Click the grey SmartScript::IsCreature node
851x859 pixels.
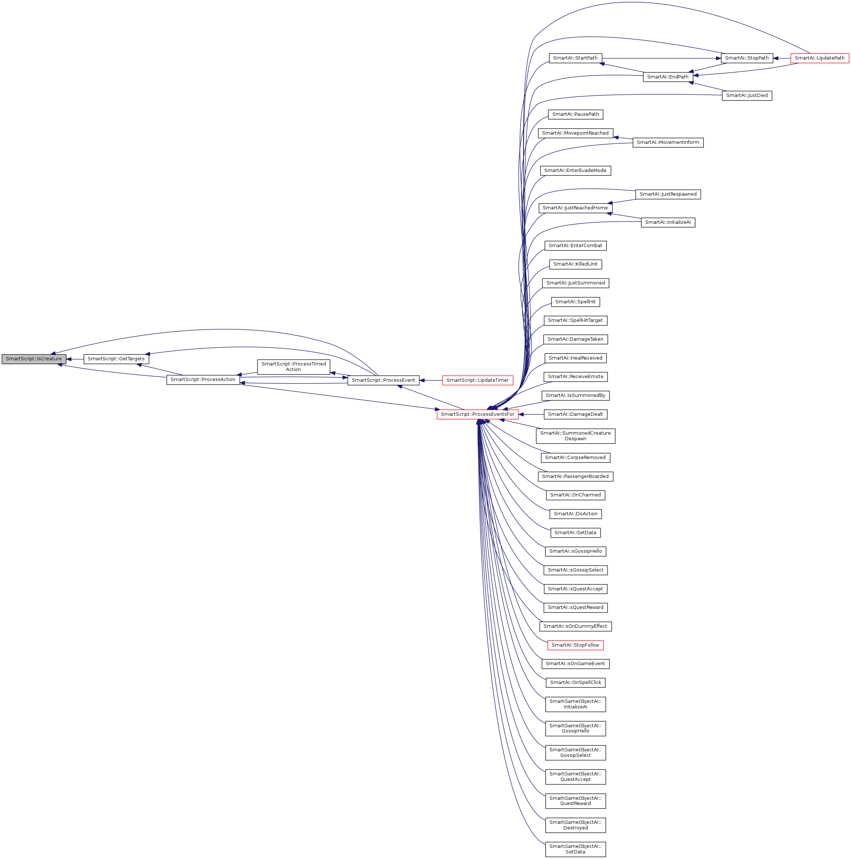(x=34, y=359)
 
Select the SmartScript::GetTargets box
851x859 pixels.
(x=116, y=359)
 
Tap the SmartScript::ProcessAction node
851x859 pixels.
(x=203, y=380)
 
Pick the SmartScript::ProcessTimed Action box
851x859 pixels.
(x=293, y=367)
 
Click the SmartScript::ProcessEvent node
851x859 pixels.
(x=383, y=380)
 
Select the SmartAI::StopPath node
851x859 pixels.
(x=747, y=58)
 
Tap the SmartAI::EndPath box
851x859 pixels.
(x=667, y=77)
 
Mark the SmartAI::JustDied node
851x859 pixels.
(x=747, y=95)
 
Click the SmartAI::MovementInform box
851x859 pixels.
(x=667, y=143)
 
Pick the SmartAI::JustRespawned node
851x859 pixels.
(x=667, y=194)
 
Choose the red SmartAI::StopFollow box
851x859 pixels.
(x=575, y=645)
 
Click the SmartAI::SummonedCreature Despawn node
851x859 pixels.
(x=575, y=436)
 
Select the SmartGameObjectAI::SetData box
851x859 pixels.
(x=575, y=849)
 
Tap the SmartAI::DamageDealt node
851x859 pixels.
(x=575, y=414)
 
